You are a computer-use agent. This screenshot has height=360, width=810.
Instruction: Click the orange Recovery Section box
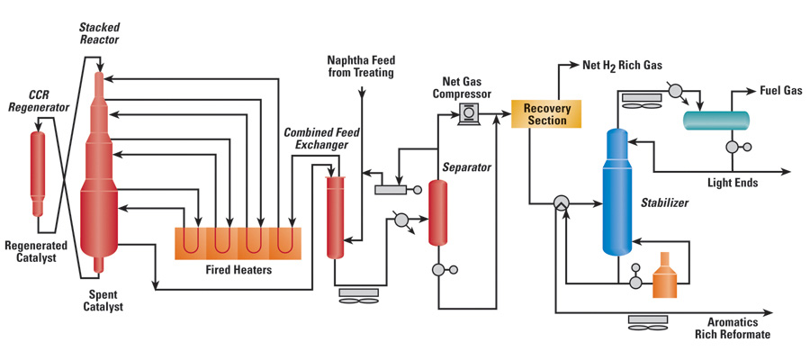pyautogui.click(x=547, y=114)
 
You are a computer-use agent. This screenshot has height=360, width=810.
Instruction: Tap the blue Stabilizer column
pyautogui.click(x=616, y=191)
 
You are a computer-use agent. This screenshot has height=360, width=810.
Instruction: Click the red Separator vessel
pyautogui.click(x=438, y=212)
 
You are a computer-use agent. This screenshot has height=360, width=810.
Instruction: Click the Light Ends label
pyautogui.click(x=733, y=183)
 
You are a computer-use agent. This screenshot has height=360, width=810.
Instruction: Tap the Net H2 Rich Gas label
pyautogui.click(x=634, y=65)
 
